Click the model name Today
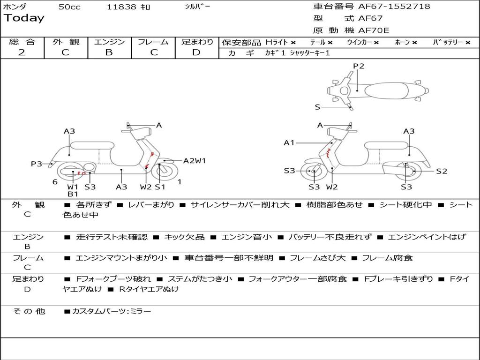point(24,18)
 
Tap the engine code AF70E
point(374,30)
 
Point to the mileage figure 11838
point(122,7)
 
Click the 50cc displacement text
point(69,7)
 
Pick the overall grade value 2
point(22,52)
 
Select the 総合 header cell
point(22,42)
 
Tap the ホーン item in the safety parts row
point(403,43)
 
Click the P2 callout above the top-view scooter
point(359,66)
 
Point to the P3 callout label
point(37,164)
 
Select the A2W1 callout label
point(195,161)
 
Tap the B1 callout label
point(73,194)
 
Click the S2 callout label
point(442,171)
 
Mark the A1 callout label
point(289,142)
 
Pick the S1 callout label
point(160,187)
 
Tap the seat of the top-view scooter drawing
point(386,90)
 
